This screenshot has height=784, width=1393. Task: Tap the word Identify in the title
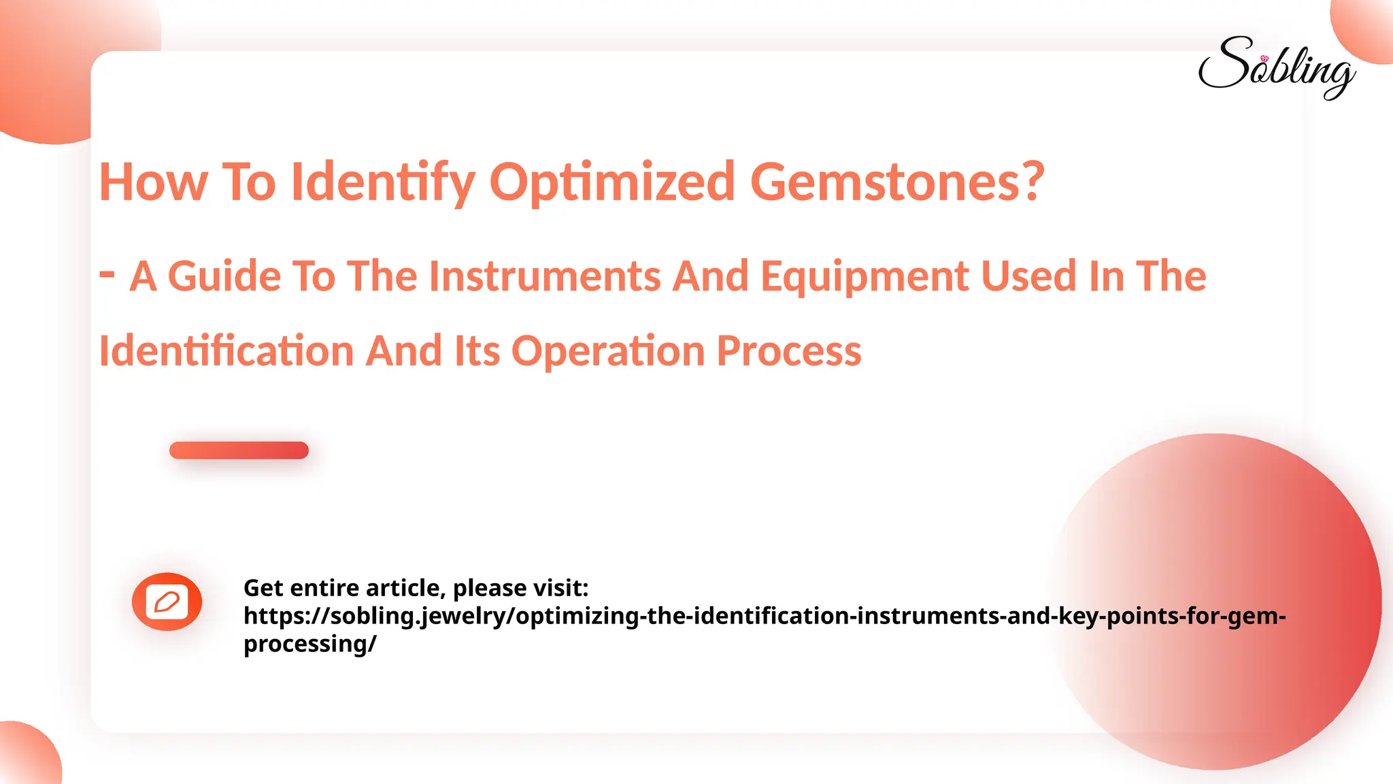click(x=383, y=182)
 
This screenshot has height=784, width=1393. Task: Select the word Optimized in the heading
click(x=612, y=182)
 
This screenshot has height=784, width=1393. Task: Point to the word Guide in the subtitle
click(x=224, y=276)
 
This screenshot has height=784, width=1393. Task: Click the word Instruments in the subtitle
click(x=544, y=276)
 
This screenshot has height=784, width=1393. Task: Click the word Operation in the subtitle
click(x=607, y=351)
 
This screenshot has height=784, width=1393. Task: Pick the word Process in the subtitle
click(x=789, y=351)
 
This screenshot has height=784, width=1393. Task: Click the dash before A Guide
click(x=107, y=274)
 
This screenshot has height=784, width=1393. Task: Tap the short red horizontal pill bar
click(x=239, y=451)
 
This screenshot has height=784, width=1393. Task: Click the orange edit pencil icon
click(x=167, y=602)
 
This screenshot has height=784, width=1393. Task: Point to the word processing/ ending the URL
click(x=309, y=644)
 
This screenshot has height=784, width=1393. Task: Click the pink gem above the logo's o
click(x=1264, y=59)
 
